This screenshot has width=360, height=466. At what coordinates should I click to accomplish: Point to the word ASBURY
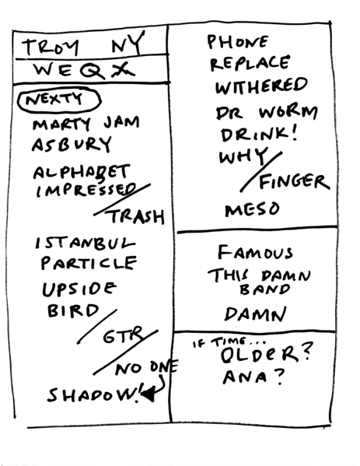(71, 145)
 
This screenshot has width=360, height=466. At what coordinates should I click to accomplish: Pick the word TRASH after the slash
(138, 217)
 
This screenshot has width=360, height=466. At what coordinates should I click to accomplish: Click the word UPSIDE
(79, 290)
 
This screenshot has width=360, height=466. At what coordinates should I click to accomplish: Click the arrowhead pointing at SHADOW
(148, 396)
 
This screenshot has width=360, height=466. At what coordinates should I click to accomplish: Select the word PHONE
(238, 42)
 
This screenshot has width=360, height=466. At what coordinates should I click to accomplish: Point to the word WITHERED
(260, 85)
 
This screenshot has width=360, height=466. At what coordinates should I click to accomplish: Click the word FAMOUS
(255, 252)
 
